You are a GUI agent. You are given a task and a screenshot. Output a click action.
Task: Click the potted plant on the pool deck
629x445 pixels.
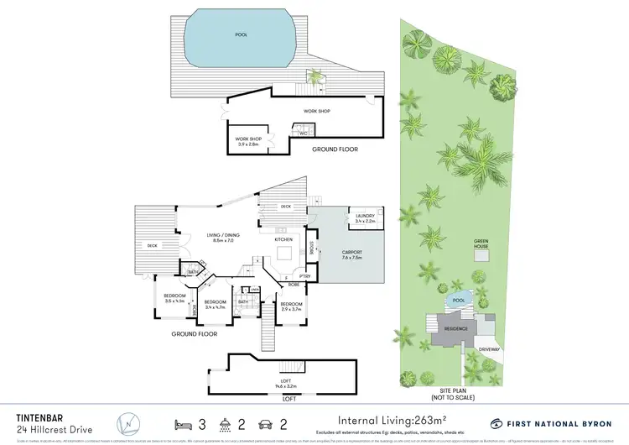[315, 79]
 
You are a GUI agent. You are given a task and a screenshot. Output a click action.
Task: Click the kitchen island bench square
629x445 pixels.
[284, 252]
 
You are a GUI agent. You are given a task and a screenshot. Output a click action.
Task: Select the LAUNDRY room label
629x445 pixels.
[364, 217]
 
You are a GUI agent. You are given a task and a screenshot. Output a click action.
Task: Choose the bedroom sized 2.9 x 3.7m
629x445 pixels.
[291, 306]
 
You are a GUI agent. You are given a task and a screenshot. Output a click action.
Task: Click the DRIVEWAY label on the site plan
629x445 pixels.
[490, 348]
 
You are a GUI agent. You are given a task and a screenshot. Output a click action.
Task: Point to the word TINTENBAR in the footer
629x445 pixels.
[40, 414]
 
